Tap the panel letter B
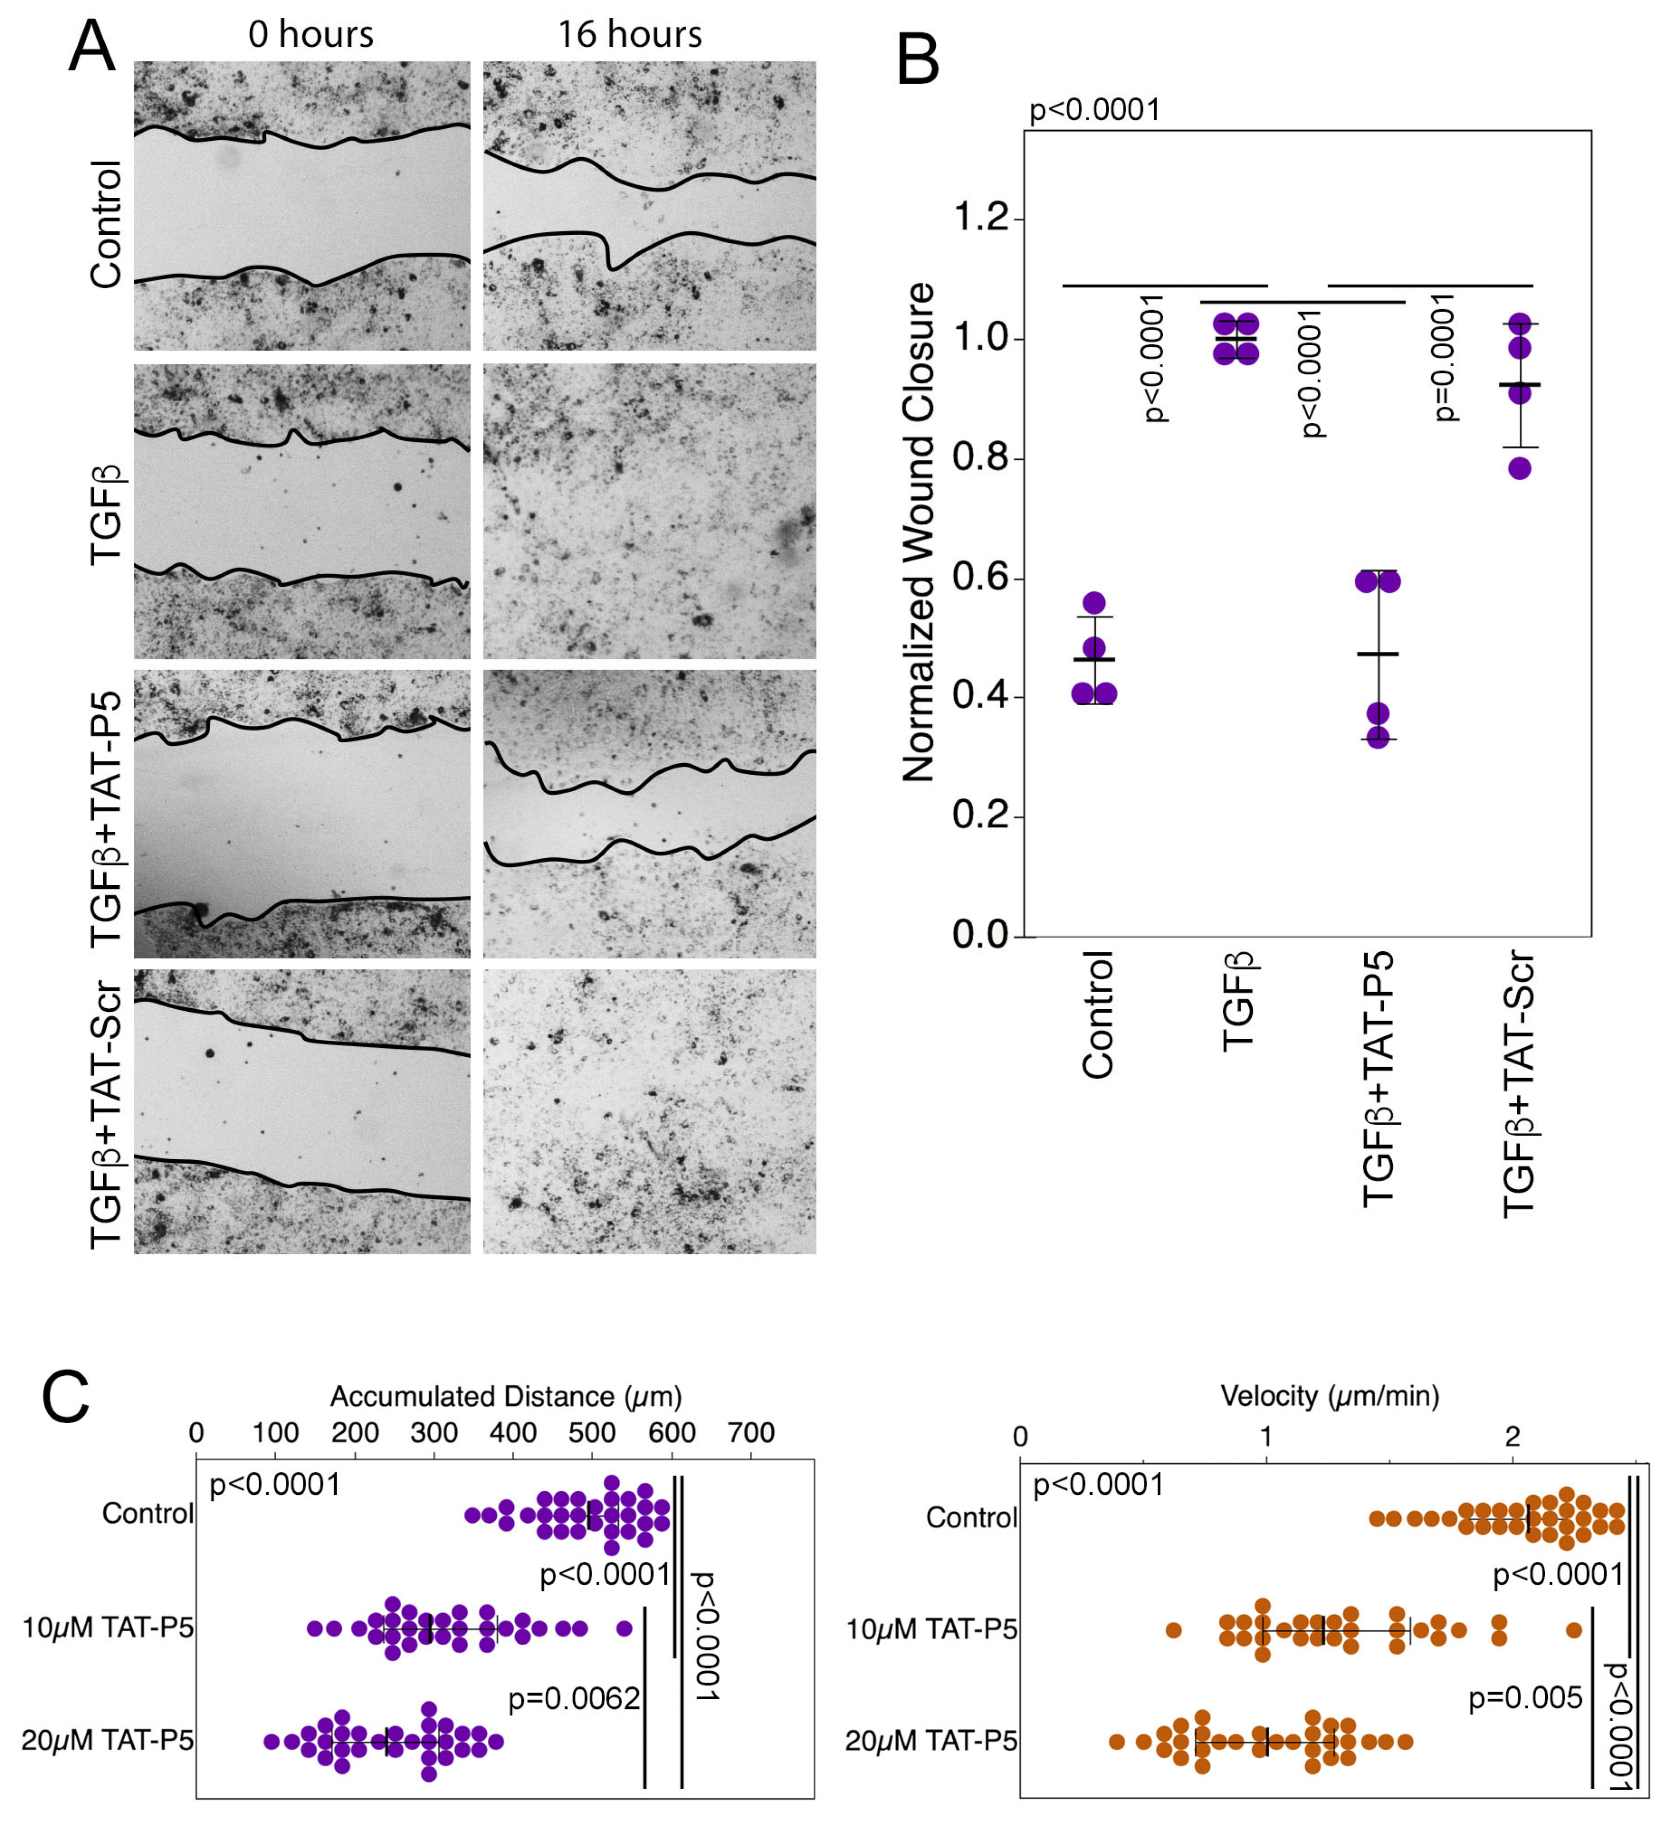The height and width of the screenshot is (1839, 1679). click(x=918, y=60)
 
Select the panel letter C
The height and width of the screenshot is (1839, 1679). click(x=66, y=1398)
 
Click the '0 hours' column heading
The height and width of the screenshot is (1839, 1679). click(x=310, y=35)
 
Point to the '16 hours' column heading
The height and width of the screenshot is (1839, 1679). click(x=630, y=35)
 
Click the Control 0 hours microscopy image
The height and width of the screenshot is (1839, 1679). click(x=302, y=206)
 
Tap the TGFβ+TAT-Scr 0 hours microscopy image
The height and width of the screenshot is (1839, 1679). click(x=302, y=1111)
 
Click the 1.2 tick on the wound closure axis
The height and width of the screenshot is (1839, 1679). click(x=981, y=219)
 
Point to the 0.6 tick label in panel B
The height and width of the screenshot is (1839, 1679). click(x=981, y=578)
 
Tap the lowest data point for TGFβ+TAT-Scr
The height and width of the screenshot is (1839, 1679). click(x=1519, y=469)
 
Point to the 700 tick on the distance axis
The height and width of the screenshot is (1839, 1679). click(x=751, y=1433)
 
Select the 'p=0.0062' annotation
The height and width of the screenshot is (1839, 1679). click(x=574, y=1699)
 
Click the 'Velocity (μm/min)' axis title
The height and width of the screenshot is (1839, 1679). click(x=1330, y=1396)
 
